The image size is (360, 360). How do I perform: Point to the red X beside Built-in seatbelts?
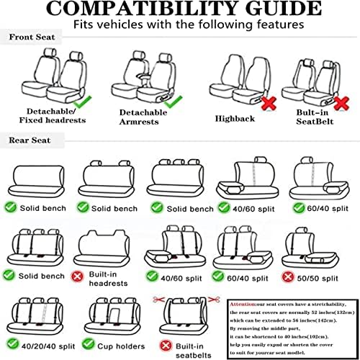click(x=165, y=346)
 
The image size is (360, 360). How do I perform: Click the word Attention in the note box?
click(x=243, y=304)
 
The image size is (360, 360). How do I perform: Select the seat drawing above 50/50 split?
click(x=315, y=248)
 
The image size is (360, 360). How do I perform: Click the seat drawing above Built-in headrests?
click(x=107, y=248)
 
